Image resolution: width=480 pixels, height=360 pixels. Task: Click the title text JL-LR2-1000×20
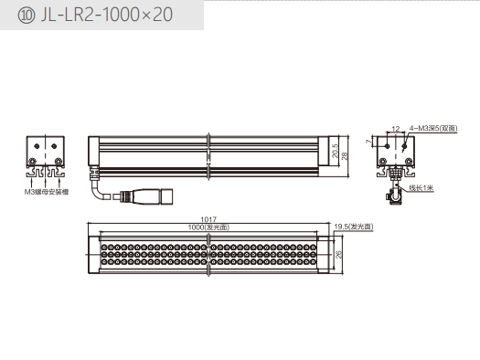(x=107, y=15)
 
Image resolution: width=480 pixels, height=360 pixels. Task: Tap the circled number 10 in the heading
(x=27, y=16)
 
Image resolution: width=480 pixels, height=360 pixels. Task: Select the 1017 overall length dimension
(x=208, y=219)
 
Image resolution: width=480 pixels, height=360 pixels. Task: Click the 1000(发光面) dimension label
(x=208, y=228)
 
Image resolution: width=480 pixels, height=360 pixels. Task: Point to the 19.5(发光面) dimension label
(x=354, y=227)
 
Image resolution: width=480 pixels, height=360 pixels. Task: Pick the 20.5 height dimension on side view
(x=336, y=151)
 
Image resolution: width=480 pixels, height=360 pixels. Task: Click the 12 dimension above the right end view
(x=396, y=129)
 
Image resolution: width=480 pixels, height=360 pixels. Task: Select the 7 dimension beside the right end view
(x=368, y=142)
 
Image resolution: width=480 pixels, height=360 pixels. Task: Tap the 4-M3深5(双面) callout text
(x=433, y=129)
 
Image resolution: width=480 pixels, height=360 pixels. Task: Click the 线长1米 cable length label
(x=421, y=188)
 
